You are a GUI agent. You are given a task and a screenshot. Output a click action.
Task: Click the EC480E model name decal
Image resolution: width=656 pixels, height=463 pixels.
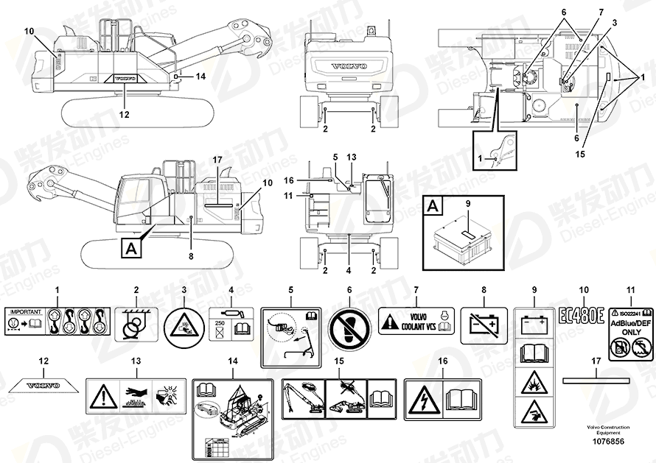(x=582, y=316)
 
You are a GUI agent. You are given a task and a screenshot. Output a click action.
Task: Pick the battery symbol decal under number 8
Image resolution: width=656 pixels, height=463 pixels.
(x=484, y=325)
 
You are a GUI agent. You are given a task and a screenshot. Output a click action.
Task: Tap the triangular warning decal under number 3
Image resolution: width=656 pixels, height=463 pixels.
(x=184, y=325)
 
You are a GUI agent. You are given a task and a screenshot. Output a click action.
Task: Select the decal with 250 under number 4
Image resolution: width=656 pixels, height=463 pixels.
(x=231, y=324)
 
